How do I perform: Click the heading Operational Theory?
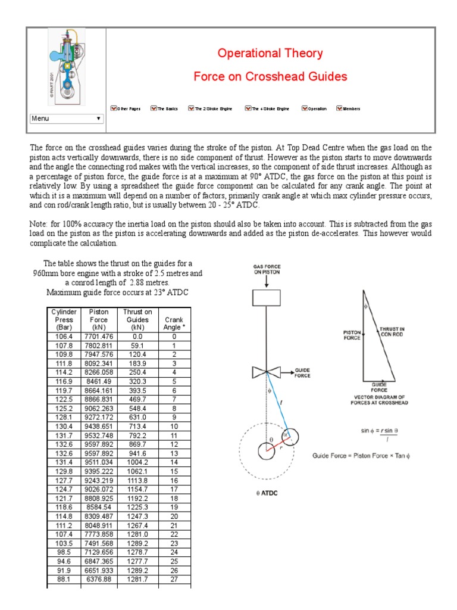click(x=270, y=53)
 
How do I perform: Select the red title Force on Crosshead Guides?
click(x=270, y=76)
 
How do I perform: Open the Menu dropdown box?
click(x=67, y=119)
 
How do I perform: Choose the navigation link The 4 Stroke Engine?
click(x=267, y=109)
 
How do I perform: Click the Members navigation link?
click(x=348, y=109)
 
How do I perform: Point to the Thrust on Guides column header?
click(x=137, y=320)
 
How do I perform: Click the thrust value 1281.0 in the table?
click(x=137, y=519)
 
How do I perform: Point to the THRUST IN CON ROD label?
click(x=392, y=331)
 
